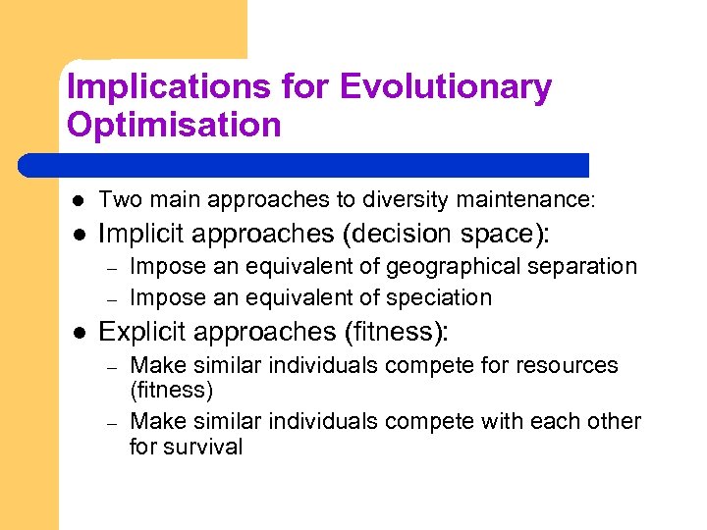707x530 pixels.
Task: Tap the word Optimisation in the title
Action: coord(174,125)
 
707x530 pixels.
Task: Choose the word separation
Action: coord(588,266)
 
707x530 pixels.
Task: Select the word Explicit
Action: coord(143,332)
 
